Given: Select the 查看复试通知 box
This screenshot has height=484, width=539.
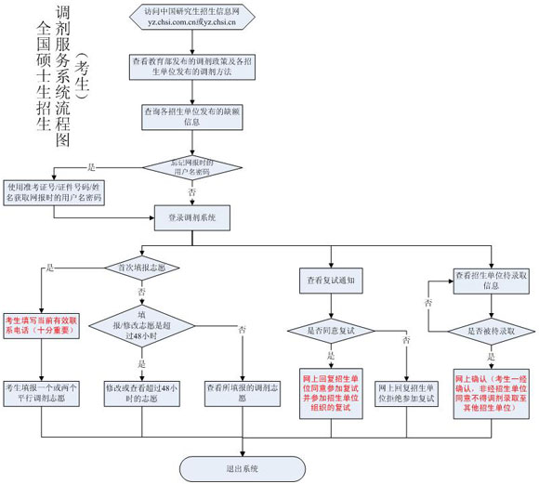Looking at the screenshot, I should click(328, 278).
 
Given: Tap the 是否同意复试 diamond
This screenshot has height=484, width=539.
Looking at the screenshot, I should click(328, 329).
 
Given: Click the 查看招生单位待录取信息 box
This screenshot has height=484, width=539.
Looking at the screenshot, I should click(489, 280).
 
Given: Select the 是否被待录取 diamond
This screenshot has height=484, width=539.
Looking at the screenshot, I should click(489, 330).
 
